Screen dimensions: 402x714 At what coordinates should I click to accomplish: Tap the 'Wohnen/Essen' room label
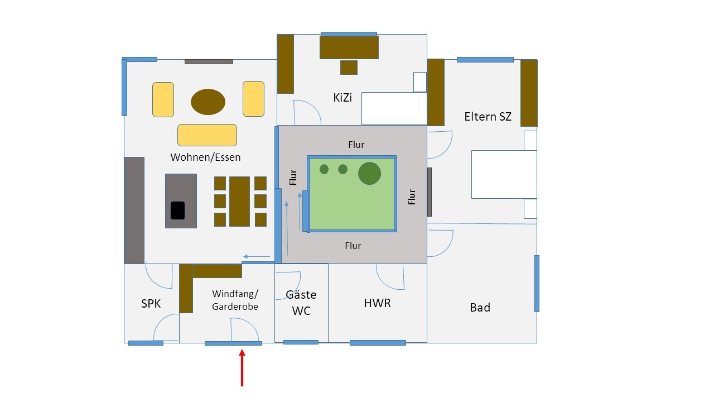click(205, 157)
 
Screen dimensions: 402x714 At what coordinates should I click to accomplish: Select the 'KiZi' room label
click(342, 98)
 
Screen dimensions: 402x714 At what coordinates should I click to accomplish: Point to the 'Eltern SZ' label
click(488, 117)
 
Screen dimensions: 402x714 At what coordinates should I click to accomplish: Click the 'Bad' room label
click(480, 307)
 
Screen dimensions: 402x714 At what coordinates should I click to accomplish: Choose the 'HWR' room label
click(377, 303)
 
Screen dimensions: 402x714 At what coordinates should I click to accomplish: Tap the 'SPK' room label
click(151, 304)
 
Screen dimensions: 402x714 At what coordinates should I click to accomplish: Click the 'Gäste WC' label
click(301, 303)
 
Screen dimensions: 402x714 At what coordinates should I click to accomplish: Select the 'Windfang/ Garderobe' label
click(235, 300)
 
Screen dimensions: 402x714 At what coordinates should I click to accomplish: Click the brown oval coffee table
click(208, 102)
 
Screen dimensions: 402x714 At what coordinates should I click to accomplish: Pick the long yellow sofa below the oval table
click(207, 135)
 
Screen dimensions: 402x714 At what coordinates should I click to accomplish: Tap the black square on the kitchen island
click(177, 210)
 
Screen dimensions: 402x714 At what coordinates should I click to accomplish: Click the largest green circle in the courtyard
click(369, 173)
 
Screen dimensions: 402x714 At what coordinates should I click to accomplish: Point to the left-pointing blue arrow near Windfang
click(256, 257)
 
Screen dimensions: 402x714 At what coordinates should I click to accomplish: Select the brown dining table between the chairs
click(239, 201)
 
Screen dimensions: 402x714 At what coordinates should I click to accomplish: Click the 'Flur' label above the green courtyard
click(356, 145)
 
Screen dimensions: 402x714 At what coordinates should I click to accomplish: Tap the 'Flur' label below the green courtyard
click(353, 246)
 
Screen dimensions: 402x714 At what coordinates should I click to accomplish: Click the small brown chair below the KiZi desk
click(349, 67)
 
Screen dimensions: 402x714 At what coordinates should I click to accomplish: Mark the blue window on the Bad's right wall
click(537, 283)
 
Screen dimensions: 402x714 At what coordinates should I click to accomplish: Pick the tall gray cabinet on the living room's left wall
click(134, 210)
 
